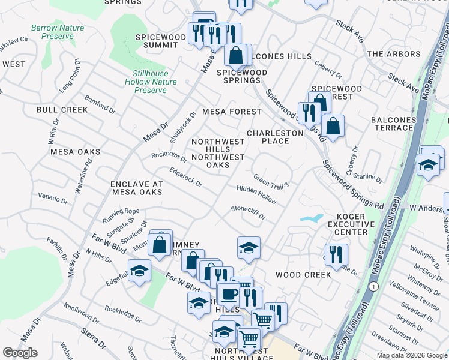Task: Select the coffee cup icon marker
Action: point(228,295)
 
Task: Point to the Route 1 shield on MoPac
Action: point(374,287)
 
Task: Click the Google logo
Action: point(20,353)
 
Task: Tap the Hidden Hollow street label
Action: point(256,193)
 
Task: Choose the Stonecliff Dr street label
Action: point(248,212)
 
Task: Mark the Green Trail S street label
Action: point(271,181)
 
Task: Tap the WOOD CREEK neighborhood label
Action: point(303,275)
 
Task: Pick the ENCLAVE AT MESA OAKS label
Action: point(136,188)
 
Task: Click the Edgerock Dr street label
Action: point(185,179)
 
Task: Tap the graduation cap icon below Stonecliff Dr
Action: point(249,247)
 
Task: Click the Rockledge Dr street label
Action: point(122,314)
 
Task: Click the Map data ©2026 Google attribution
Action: point(411,355)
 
